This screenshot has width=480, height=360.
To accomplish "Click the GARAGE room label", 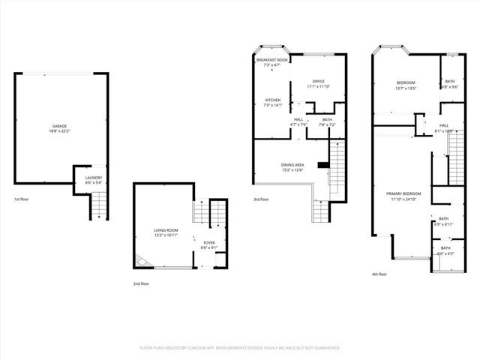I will tap(59, 126).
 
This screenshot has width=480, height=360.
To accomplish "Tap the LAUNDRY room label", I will tap(94, 178).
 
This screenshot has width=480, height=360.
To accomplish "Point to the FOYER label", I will tap(208, 242).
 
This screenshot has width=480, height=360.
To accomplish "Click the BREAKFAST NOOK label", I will tap(271, 60).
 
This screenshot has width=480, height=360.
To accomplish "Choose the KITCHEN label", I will tap(272, 100).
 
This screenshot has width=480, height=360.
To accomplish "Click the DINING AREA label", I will tap(292, 164).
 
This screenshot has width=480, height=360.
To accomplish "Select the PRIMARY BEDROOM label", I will tap(403, 193).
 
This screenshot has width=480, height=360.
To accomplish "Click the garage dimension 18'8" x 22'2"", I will tap(59, 131).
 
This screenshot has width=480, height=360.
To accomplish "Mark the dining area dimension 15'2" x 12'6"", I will tap(292, 169).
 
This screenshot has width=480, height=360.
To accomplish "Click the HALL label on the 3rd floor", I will tap(298, 119).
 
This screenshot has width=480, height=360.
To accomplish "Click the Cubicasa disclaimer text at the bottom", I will tap(240, 348).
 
